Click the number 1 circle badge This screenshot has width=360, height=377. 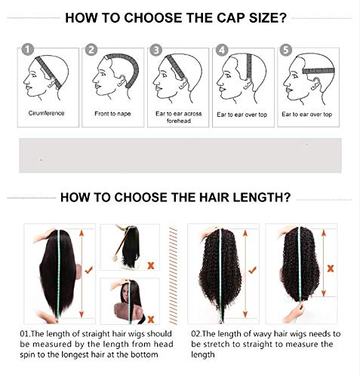[x=28, y=51]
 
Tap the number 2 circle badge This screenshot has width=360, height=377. [x=92, y=51]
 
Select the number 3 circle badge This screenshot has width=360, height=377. [x=156, y=51]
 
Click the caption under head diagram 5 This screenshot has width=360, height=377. [x=309, y=113]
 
